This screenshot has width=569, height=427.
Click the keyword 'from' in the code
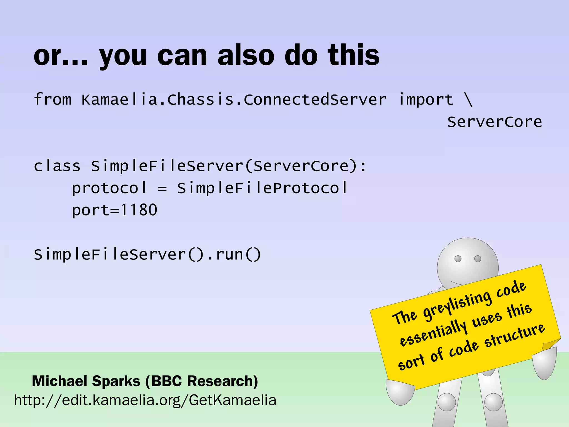click(53, 99)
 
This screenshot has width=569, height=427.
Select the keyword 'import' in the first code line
click(425, 99)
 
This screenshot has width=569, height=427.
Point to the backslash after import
click(468, 99)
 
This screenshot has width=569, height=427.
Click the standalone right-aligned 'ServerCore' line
click(494, 122)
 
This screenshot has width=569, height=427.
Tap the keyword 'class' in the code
click(57, 166)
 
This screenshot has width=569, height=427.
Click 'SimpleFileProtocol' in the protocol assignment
click(262, 188)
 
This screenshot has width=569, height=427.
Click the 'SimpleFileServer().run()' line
click(147, 254)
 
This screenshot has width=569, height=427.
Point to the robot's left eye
click(458, 259)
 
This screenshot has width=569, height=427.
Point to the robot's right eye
click(478, 259)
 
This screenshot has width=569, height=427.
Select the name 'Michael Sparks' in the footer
click(86, 381)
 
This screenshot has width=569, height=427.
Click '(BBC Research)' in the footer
click(202, 381)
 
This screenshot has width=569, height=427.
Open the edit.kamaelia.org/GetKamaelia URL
click(145, 400)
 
